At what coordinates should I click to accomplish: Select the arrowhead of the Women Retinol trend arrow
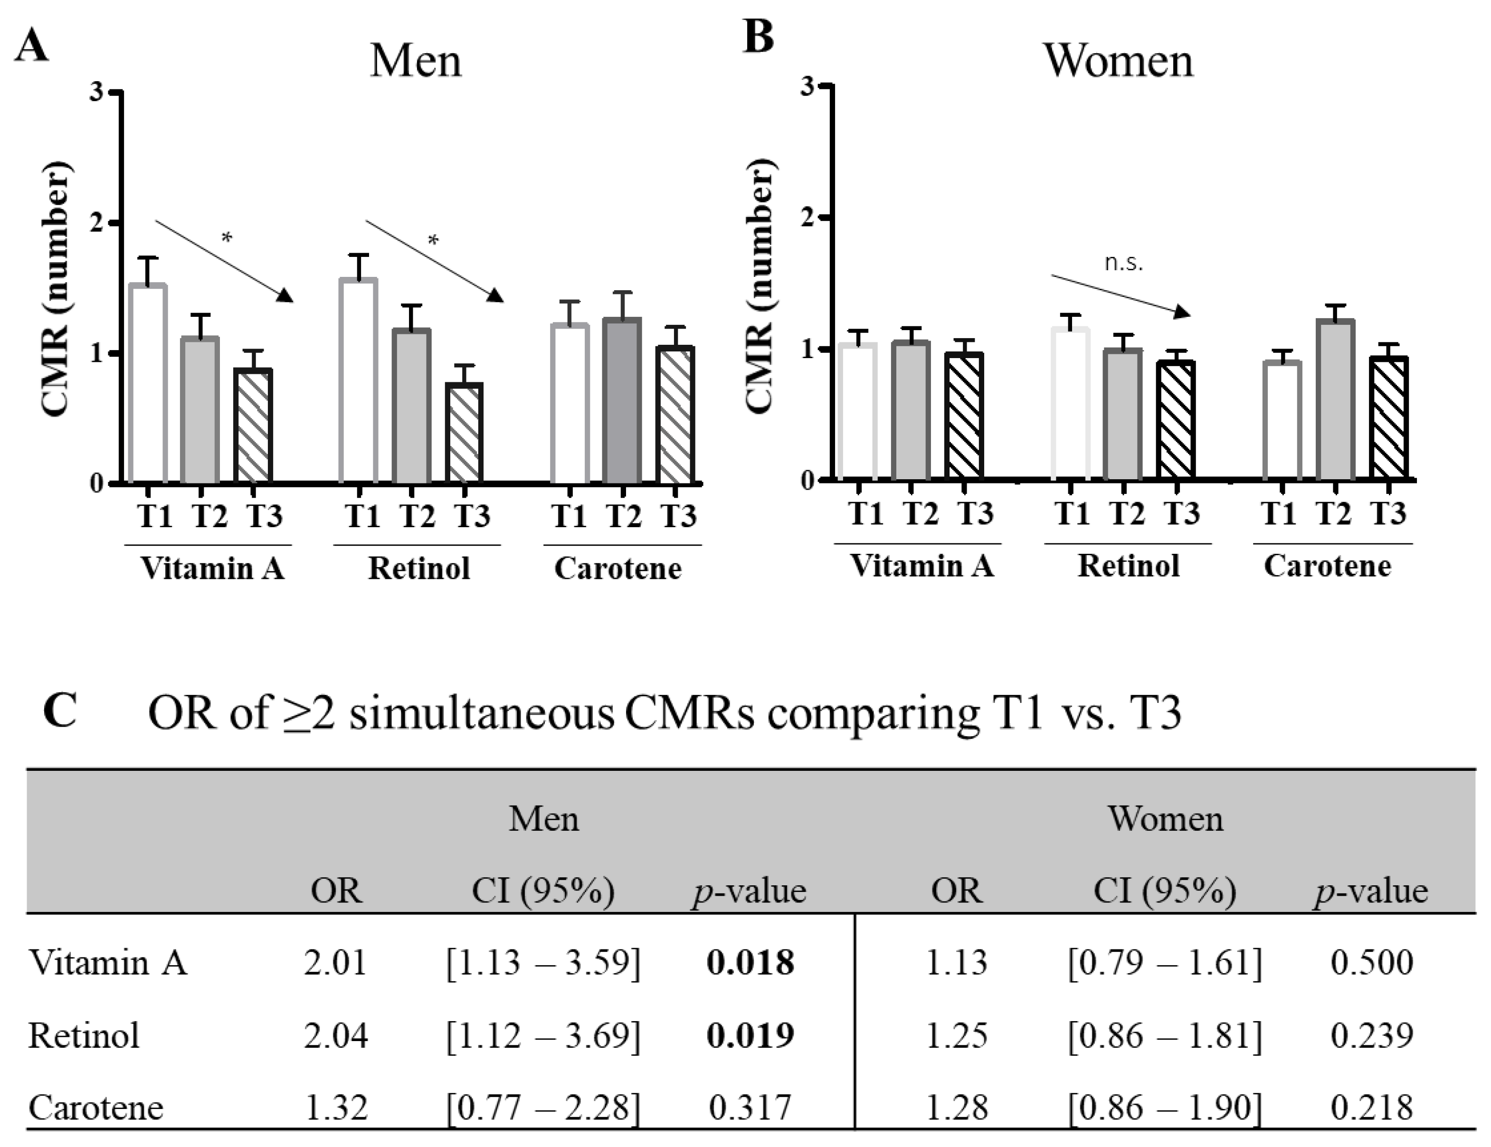(1180, 312)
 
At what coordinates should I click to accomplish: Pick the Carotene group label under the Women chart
(1327, 566)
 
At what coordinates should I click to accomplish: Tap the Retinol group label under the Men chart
(419, 568)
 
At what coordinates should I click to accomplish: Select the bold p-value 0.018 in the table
(750, 963)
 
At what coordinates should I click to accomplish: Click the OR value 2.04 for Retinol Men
(336, 1036)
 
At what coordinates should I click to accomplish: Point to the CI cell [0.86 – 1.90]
(1165, 1108)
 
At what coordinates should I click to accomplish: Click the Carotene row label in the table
(96, 1108)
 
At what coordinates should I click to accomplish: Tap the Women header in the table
(1165, 819)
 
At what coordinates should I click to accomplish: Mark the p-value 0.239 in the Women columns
(1371, 1036)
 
